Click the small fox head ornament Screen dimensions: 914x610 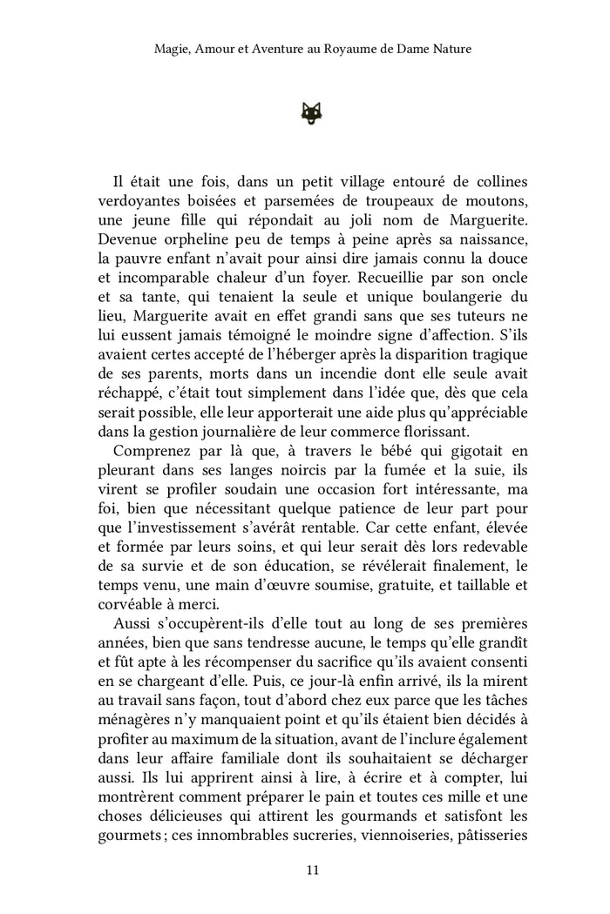[312, 111]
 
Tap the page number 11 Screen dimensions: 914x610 [312, 869]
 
